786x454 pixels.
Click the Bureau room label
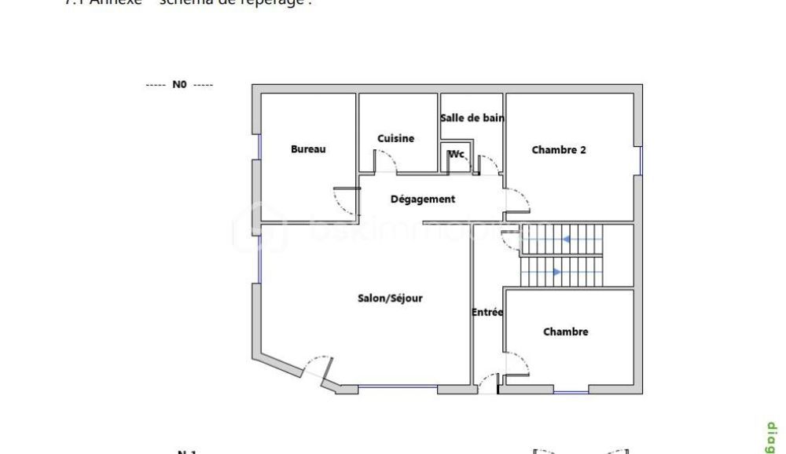(x=308, y=149)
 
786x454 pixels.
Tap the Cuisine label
(x=395, y=138)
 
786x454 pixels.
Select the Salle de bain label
(x=472, y=118)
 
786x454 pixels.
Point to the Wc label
(x=457, y=154)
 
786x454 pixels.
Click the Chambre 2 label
(x=559, y=150)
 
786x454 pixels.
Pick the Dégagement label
(x=423, y=200)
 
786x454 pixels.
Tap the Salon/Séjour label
(x=391, y=298)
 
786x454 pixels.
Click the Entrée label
(x=487, y=313)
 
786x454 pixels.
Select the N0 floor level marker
(x=179, y=85)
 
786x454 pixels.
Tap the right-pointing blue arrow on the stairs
(x=556, y=272)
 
